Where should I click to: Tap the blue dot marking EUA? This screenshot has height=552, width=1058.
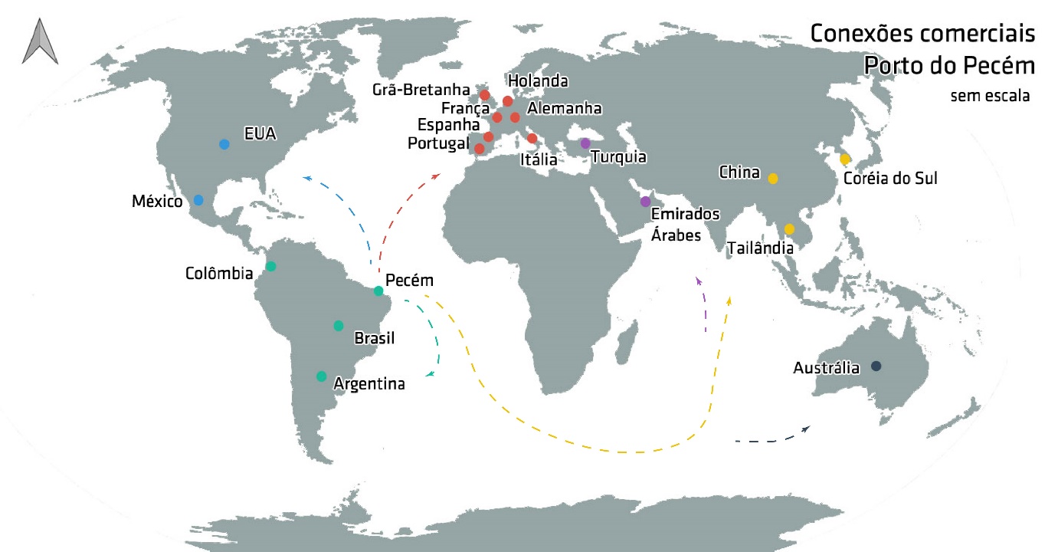point(224,144)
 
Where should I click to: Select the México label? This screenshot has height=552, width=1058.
point(157,202)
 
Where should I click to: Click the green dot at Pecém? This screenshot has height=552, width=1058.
point(378,291)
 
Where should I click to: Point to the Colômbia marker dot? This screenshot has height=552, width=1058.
point(270,266)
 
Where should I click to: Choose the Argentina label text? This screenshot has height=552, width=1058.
point(369,384)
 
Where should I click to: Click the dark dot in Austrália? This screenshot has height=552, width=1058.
point(876,366)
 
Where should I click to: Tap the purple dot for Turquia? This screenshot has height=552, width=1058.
point(585,143)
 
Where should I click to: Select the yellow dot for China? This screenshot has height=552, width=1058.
point(773,179)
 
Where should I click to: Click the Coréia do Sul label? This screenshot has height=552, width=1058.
point(889,179)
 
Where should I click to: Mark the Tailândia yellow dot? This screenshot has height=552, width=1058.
point(789,228)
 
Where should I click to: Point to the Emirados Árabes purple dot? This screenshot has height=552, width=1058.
point(645,202)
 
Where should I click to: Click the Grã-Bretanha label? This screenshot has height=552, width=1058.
point(421,90)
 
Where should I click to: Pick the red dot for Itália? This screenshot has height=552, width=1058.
point(532,138)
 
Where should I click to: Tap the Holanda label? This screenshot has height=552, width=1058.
point(538,80)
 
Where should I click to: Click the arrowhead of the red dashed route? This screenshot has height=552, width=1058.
point(437,176)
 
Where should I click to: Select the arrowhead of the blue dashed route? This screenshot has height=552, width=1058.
point(306,177)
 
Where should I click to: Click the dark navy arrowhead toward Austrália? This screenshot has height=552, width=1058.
point(806,429)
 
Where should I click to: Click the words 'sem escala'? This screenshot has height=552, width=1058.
point(990,97)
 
